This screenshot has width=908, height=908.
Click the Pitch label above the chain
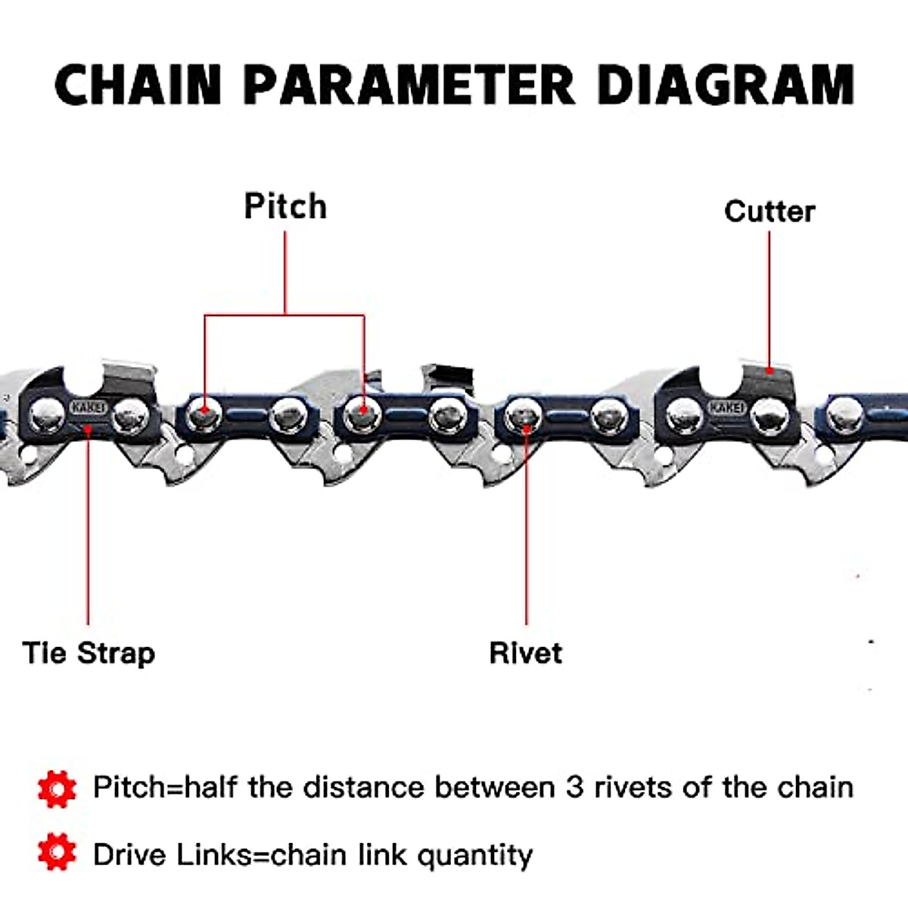[285, 207]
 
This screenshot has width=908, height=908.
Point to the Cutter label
[770, 211]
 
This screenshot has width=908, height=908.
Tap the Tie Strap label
[89, 653]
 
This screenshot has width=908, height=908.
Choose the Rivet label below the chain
[526, 653]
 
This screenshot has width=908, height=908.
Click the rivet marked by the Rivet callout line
[524, 415]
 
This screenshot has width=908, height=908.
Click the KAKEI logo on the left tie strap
[89, 407]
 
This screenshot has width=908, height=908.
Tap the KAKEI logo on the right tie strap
[726, 407]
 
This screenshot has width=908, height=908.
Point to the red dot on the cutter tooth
[770, 371]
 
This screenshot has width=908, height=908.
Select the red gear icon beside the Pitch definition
[57, 788]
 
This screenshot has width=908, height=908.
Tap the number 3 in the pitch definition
[575, 788]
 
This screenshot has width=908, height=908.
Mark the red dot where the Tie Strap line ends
[89, 429]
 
